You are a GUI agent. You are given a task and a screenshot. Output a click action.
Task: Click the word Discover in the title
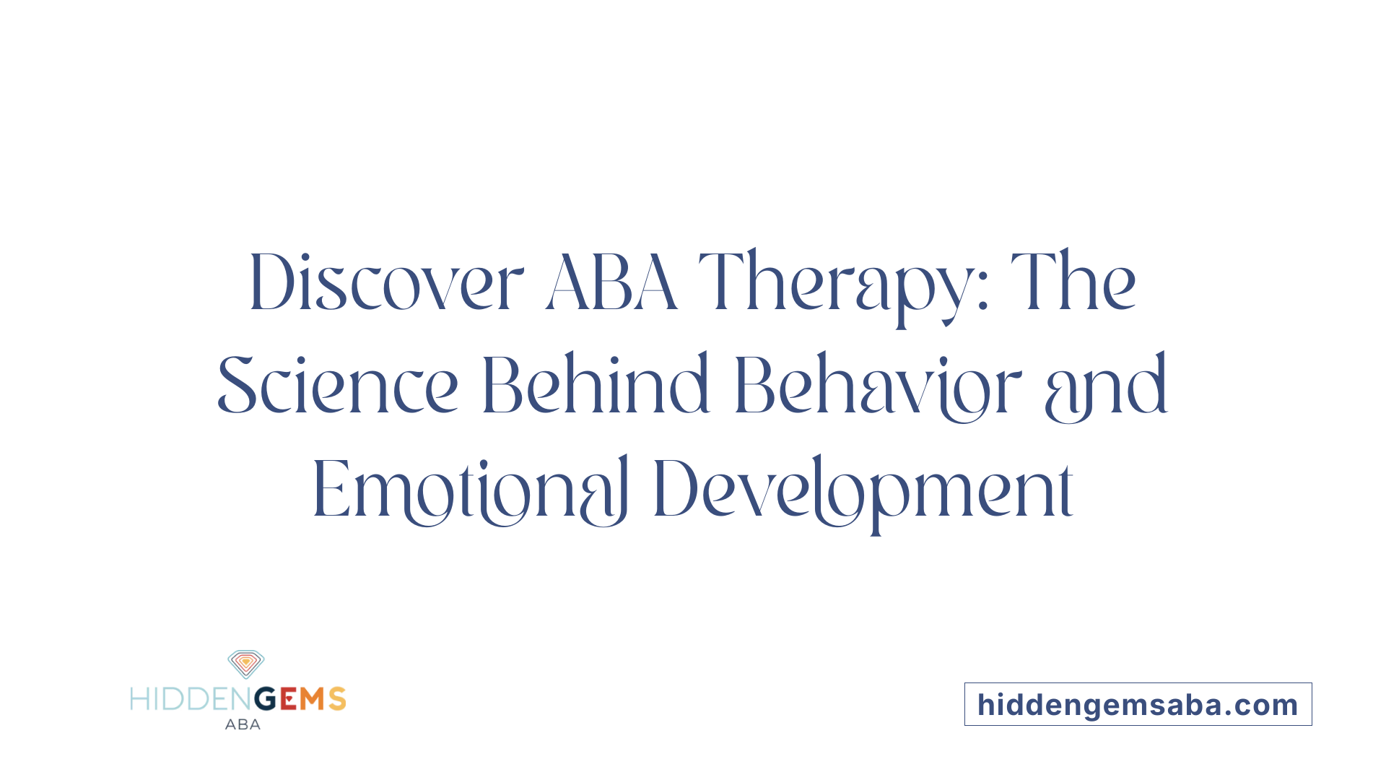coord(386,282)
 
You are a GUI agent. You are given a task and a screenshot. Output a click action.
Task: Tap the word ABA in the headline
coord(611,282)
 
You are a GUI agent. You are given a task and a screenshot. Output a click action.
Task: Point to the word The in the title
coord(1073,282)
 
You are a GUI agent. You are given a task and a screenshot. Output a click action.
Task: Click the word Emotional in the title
coord(470,490)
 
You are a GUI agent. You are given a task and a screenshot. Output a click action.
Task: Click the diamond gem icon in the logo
coord(246,664)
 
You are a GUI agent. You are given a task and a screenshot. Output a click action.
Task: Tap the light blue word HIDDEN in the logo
coord(192,699)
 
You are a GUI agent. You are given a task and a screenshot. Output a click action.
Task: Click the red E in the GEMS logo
coord(288,699)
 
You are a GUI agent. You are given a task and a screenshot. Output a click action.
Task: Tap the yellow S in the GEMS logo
coord(337,699)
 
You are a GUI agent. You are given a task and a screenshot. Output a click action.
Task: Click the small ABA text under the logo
coord(243,724)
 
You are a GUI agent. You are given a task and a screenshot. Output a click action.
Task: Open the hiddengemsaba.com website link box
coord(1138,704)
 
